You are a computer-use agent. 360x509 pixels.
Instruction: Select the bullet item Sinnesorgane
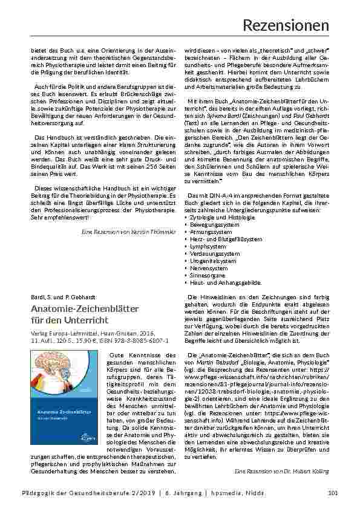pyautogui.click(x=210, y=275)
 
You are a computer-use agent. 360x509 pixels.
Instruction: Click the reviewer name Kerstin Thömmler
pyautogui.click(x=151, y=232)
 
